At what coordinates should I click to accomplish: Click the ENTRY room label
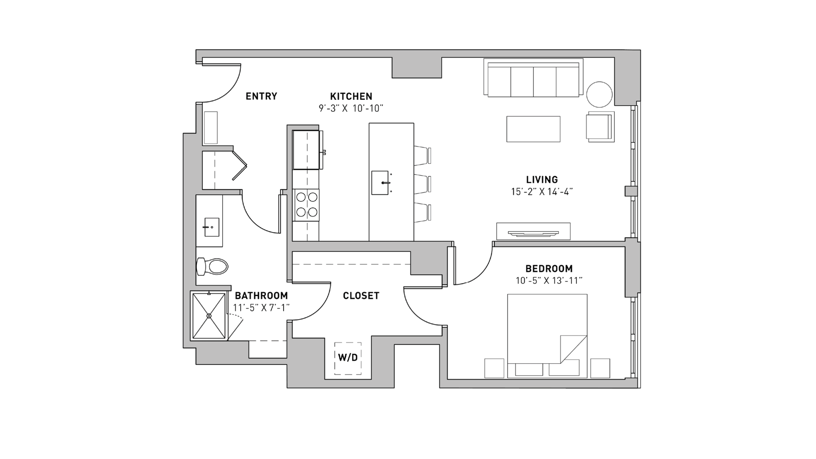tap(261, 96)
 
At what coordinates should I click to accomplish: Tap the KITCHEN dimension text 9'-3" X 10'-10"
tap(351, 108)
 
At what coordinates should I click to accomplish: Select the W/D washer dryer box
tap(348, 358)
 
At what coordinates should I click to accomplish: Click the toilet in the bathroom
tap(213, 267)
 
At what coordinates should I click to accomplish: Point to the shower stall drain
tap(209, 316)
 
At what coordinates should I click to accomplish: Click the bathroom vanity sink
tap(211, 227)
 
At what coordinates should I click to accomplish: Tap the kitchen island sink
tap(380, 183)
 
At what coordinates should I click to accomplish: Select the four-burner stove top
tap(306, 205)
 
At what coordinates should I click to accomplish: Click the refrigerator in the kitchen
tap(306, 150)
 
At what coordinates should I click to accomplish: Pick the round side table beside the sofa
tap(599, 95)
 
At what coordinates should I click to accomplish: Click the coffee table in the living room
tap(533, 129)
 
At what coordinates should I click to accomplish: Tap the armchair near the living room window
tap(600, 127)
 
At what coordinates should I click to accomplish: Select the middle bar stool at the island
tap(423, 184)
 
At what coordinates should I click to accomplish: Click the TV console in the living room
tap(533, 231)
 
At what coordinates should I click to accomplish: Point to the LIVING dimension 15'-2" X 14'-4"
tap(542, 192)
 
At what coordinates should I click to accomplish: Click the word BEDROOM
tap(549, 269)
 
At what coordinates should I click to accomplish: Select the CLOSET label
tap(361, 296)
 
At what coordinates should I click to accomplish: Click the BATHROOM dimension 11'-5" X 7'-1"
tap(261, 308)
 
